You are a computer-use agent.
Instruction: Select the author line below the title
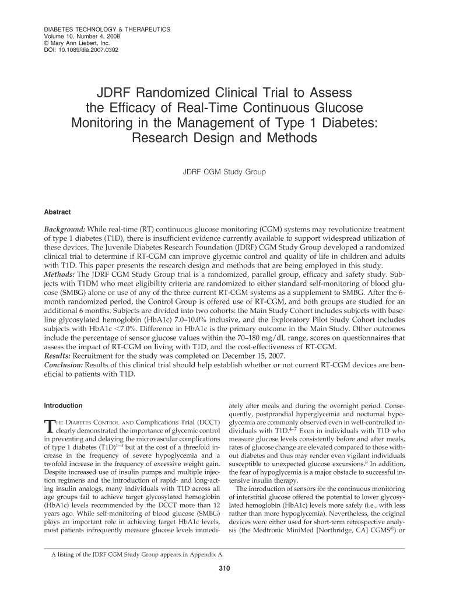click(x=224, y=172)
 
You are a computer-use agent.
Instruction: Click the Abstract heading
click(x=58, y=212)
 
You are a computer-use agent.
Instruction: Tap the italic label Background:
click(x=65, y=230)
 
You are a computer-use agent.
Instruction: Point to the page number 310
click(x=224, y=569)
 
